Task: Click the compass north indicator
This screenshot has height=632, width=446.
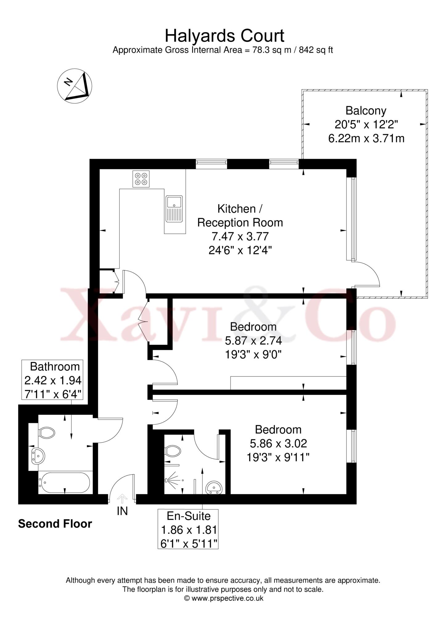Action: tap(75, 86)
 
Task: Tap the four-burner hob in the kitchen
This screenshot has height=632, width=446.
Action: tap(141, 179)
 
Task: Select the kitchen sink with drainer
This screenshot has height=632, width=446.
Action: tap(174, 209)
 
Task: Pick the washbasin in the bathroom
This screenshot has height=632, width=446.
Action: tap(38, 456)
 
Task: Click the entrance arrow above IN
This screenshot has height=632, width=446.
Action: tap(122, 498)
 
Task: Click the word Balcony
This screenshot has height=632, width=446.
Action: tap(366, 110)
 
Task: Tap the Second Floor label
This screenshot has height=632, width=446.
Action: tap(55, 524)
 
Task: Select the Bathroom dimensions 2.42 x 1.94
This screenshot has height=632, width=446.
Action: tap(53, 380)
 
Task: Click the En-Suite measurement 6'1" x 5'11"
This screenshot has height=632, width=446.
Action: tap(188, 543)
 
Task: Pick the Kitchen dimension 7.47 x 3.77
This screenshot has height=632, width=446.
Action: tap(240, 236)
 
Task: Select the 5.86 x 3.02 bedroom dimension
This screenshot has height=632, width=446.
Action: tap(278, 443)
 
